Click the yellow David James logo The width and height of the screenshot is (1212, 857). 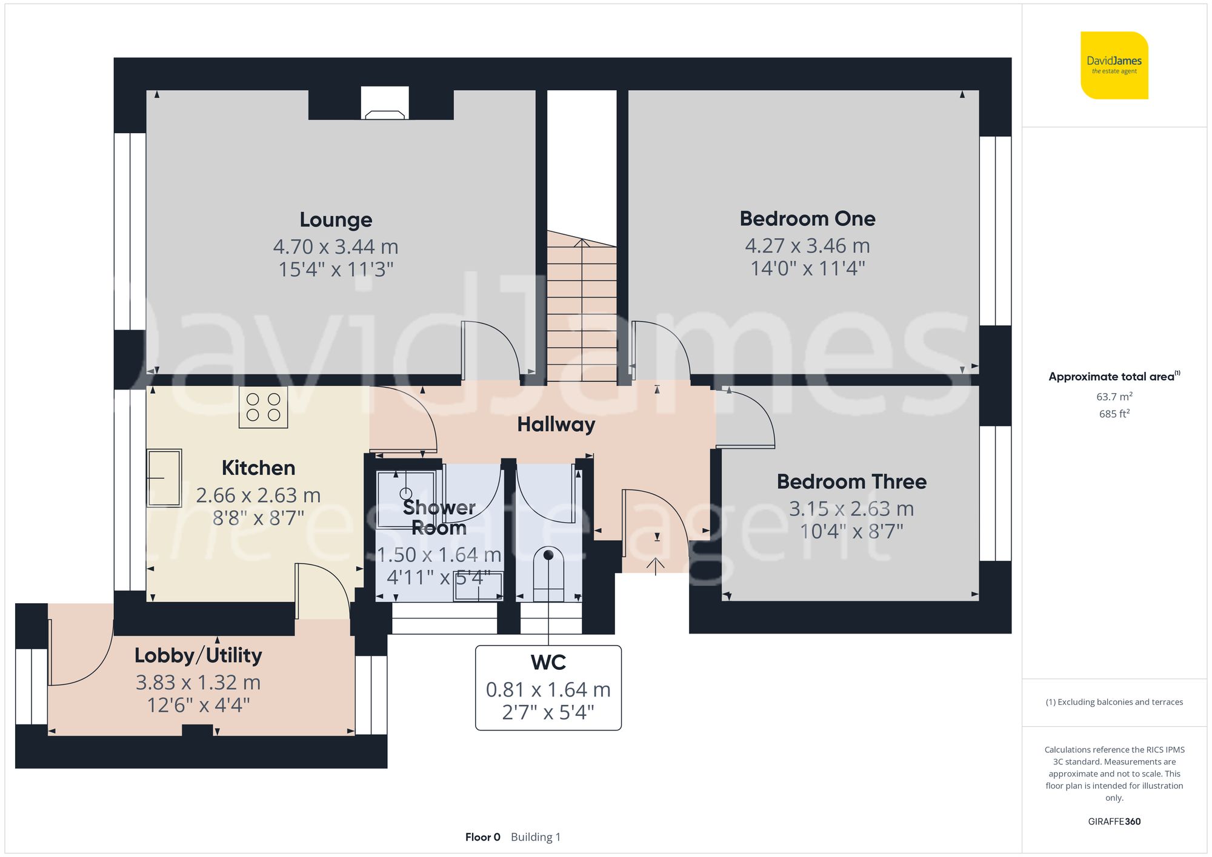pyautogui.click(x=1114, y=65)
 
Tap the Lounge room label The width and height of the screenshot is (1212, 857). pyautogui.click(x=336, y=220)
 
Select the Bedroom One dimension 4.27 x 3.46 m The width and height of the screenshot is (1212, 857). pyautogui.click(x=807, y=246)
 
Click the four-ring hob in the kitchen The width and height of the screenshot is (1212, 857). pyautogui.click(x=263, y=408)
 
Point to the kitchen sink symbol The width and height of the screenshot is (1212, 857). pyautogui.click(x=164, y=478)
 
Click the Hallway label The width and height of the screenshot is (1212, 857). pyautogui.click(x=556, y=425)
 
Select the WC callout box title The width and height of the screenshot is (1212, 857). pyautogui.click(x=548, y=663)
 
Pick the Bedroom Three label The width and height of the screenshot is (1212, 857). pyautogui.click(x=851, y=482)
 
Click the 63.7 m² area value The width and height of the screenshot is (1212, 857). pyautogui.click(x=1114, y=397)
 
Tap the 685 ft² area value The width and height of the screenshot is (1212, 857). pyautogui.click(x=1114, y=414)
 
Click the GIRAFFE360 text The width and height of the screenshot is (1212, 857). pyautogui.click(x=1114, y=821)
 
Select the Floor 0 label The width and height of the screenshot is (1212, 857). pyautogui.click(x=482, y=837)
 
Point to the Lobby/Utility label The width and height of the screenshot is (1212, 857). pyautogui.click(x=198, y=655)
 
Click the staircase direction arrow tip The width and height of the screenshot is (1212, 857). pyautogui.click(x=582, y=241)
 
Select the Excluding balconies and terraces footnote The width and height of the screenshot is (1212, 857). pyautogui.click(x=1114, y=702)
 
